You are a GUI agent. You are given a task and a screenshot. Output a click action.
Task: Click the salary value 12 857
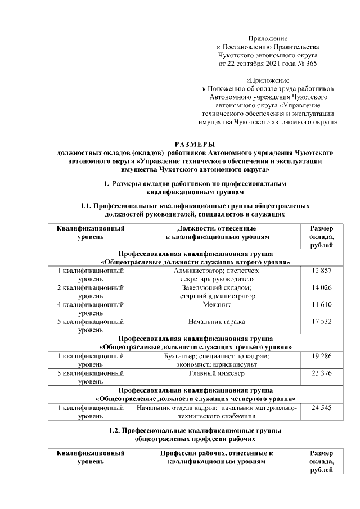tap(321, 271)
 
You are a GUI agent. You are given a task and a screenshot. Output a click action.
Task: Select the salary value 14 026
tap(321, 288)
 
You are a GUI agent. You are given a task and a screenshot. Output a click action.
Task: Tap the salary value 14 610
tap(321, 305)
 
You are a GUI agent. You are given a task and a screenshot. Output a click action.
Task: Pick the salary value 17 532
tap(321, 322)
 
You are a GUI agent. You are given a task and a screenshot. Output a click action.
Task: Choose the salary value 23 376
tap(321, 372)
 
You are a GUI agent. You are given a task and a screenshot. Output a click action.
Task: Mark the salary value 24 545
tap(321, 407)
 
